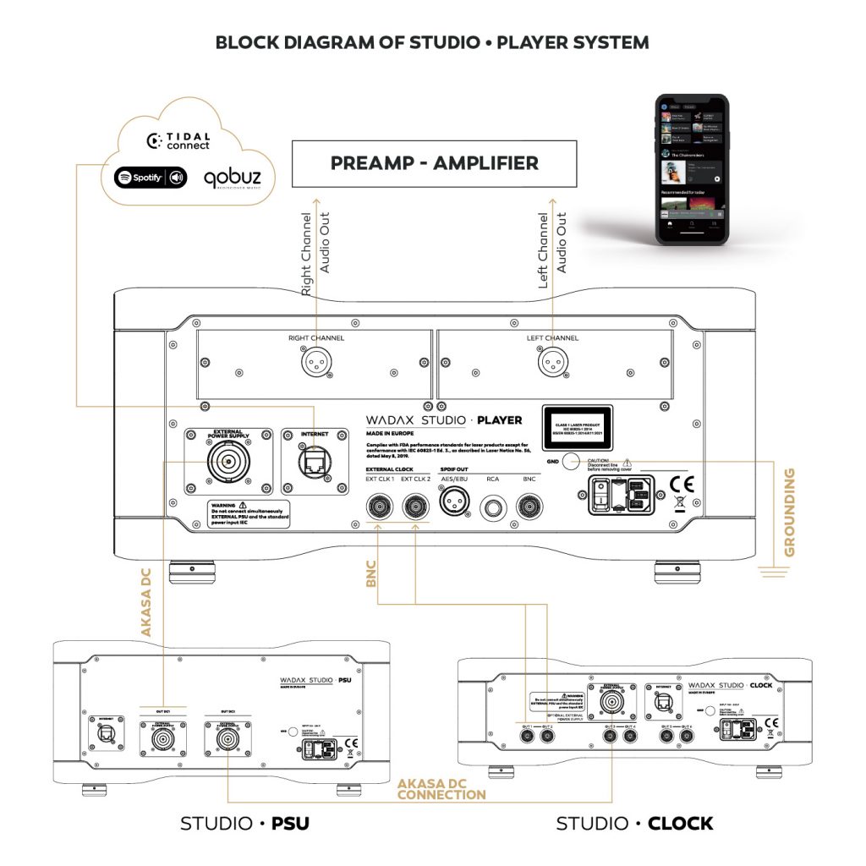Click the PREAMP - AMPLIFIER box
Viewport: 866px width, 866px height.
point(434,163)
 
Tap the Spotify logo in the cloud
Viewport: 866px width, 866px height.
point(151,178)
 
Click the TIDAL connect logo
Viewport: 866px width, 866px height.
point(178,140)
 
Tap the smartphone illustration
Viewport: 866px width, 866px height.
point(692,168)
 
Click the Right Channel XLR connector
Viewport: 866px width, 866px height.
point(315,364)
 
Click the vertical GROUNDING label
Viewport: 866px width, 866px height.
point(790,517)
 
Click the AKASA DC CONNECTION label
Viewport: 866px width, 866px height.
point(441,789)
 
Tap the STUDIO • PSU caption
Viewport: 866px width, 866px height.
point(244,823)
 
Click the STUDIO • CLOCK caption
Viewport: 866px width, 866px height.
point(634,823)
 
